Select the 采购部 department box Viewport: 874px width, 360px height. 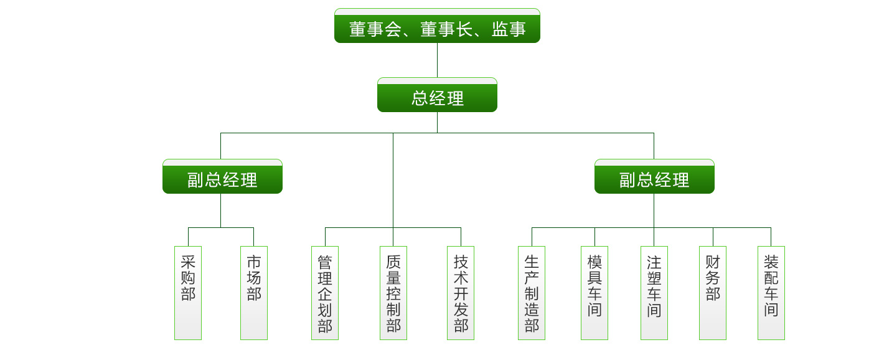188,293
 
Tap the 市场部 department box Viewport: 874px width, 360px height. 254,293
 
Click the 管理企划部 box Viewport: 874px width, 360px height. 325,293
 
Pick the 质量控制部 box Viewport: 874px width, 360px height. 393,293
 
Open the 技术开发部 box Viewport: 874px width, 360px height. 461,293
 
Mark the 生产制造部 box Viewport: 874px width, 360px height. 532,293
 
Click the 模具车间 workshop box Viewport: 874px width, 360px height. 594,293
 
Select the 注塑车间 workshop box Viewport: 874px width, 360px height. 654,293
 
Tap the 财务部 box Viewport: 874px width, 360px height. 713,293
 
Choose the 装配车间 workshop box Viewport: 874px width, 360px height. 771,293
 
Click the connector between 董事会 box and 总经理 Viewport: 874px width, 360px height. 437,60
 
